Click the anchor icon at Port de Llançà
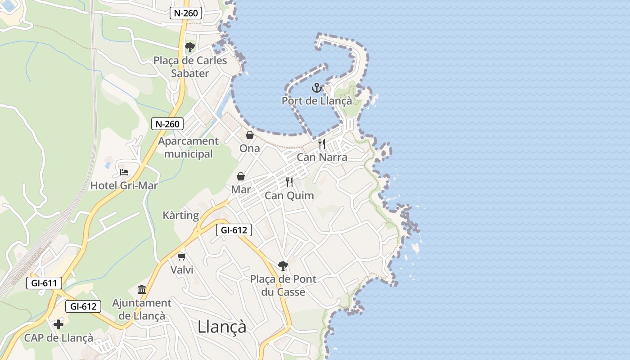coord(316,88)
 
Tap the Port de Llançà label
coord(317,101)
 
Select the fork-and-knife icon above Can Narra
coord(322,144)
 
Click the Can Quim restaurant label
coord(289,196)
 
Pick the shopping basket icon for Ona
coord(249,135)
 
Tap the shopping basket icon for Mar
coord(241,176)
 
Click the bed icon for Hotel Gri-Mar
coord(124,172)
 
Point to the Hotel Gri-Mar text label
coord(124,185)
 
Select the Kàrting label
coord(181,216)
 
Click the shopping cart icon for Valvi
coord(182,256)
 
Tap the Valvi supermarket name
coord(182,270)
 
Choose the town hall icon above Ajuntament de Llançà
coord(142,289)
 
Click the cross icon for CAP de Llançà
coord(58,324)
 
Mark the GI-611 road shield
coord(44,283)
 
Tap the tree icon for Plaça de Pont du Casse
coord(283,265)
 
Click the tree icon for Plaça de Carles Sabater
coord(190,47)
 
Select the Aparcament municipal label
coord(188,148)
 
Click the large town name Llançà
coord(222,327)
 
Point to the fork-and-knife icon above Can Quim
coord(289,182)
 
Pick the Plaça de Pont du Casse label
coord(283,286)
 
